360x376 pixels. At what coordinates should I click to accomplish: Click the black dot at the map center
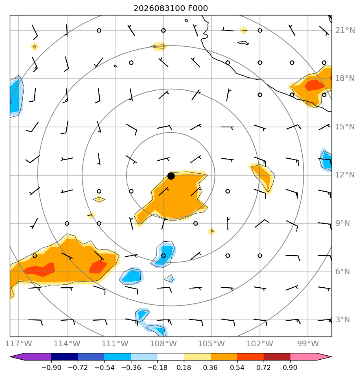coord(171,176)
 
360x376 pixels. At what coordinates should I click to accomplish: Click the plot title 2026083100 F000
coord(171,9)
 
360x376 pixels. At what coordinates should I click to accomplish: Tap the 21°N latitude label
coord(345,31)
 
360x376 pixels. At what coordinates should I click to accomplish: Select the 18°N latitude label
coord(345,79)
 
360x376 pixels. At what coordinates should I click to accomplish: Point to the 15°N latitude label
coord(345,127)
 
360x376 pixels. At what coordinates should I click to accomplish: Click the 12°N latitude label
coord(345,175)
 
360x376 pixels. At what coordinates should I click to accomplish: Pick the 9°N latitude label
coord(343,223)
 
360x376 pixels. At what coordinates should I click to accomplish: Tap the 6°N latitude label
coord(343,272)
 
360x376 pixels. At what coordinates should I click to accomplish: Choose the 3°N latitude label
coord(343,320)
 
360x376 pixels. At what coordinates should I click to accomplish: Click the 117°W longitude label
coord(18,343)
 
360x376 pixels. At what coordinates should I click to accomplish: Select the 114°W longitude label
coord(67,343)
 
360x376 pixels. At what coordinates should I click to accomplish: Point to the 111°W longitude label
coord(115,343)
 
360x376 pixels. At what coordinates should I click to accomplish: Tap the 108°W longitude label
coord(163,343)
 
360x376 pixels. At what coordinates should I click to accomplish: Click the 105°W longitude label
coord(212,343)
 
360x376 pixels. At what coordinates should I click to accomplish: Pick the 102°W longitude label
coord(260,343)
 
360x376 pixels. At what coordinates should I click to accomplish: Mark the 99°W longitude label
coord(308,343)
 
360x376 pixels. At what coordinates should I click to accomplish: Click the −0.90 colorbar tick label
coord(51,367)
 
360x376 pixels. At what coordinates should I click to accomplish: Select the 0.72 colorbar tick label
coord(264,367)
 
